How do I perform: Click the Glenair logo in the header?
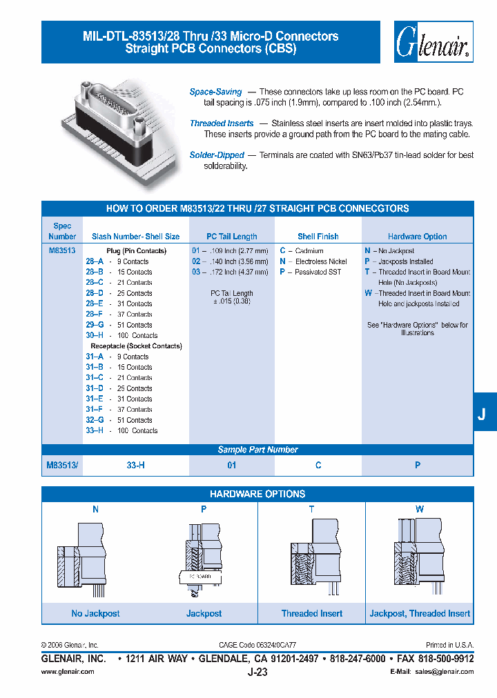point(433,43)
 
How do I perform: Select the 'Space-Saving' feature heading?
point(216,92)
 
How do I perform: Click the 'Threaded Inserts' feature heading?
point(222,123)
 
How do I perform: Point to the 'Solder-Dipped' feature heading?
point(215,155)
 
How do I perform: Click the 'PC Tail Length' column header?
point(232,237)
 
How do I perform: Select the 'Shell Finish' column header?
point(318,237)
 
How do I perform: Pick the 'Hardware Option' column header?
point(417,237)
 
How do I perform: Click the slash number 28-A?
point(95,261)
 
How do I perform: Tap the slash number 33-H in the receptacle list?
point(95,430)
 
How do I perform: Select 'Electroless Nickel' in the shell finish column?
point(320,262)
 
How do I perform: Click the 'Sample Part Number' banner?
point(257,450)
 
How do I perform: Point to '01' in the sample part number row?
point(232,466)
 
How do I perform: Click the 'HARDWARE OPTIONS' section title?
point(257,495)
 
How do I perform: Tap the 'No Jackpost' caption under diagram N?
point(95,613)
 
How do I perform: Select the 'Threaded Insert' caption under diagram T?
point(311,613)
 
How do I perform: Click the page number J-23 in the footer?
point(257,672)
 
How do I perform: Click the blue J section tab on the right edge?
point(483,414)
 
